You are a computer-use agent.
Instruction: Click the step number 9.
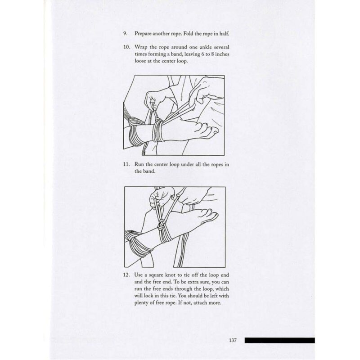125,33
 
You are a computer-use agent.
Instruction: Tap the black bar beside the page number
279,340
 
